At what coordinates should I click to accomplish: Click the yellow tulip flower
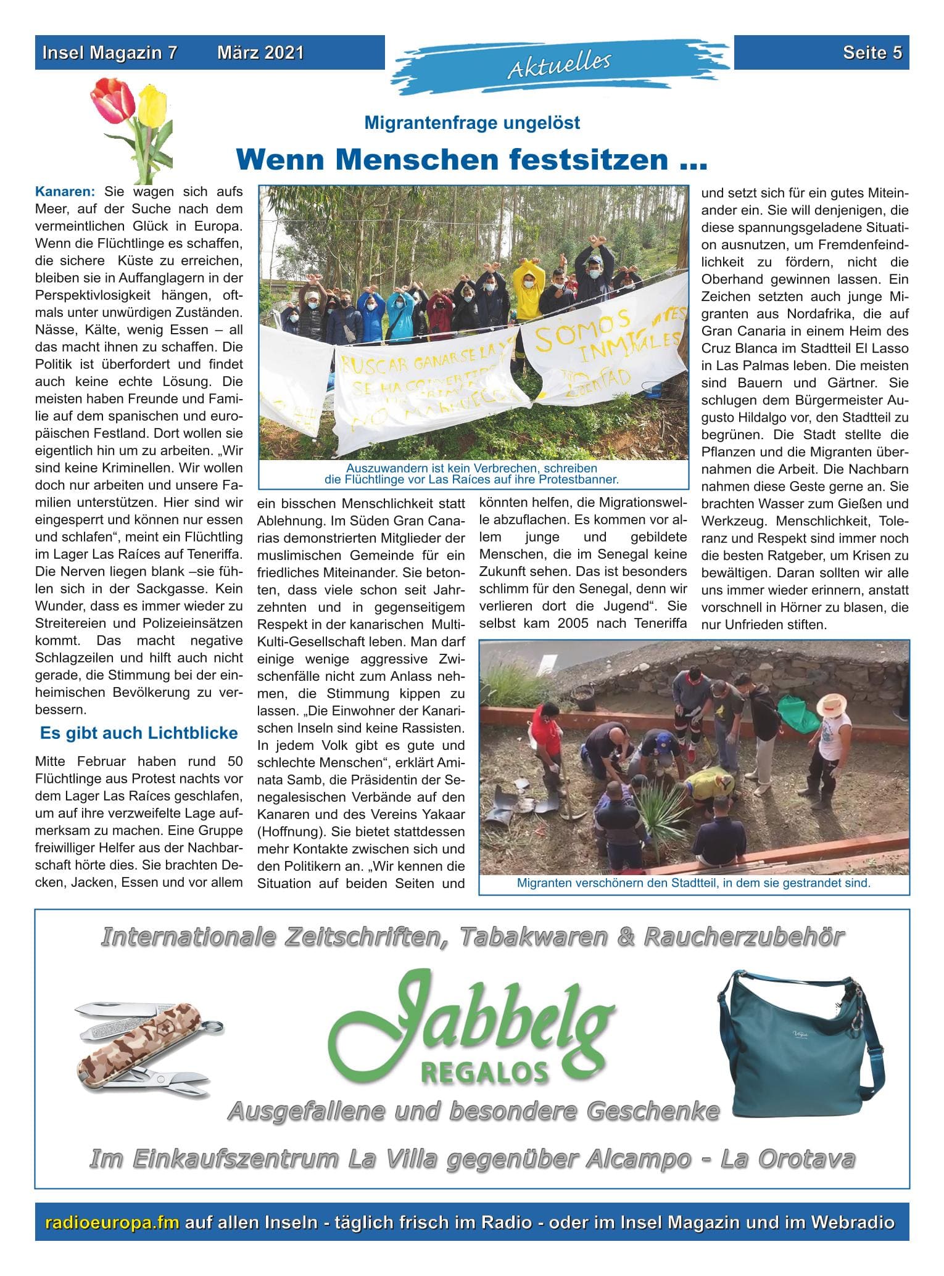pyautogui.click(x=152, y=105)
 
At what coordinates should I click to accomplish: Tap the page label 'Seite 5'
pyautogui.click(x=872, y=53)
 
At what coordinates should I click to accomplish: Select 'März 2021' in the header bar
pyautogui.click(x=260, y=53)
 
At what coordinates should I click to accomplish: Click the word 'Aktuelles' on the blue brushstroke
pyautogui.click(x=559, y=65)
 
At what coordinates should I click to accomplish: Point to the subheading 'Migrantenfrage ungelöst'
pyautogui.click(x=472, y=123)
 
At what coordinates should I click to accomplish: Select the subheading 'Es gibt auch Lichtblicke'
pyautogui.click(x=139, y=733)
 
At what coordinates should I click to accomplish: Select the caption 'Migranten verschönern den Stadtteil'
pyautogui.click(x=694, y=883)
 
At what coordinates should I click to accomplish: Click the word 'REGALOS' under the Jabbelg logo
pyautogui.click(x=484, y=1072)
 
